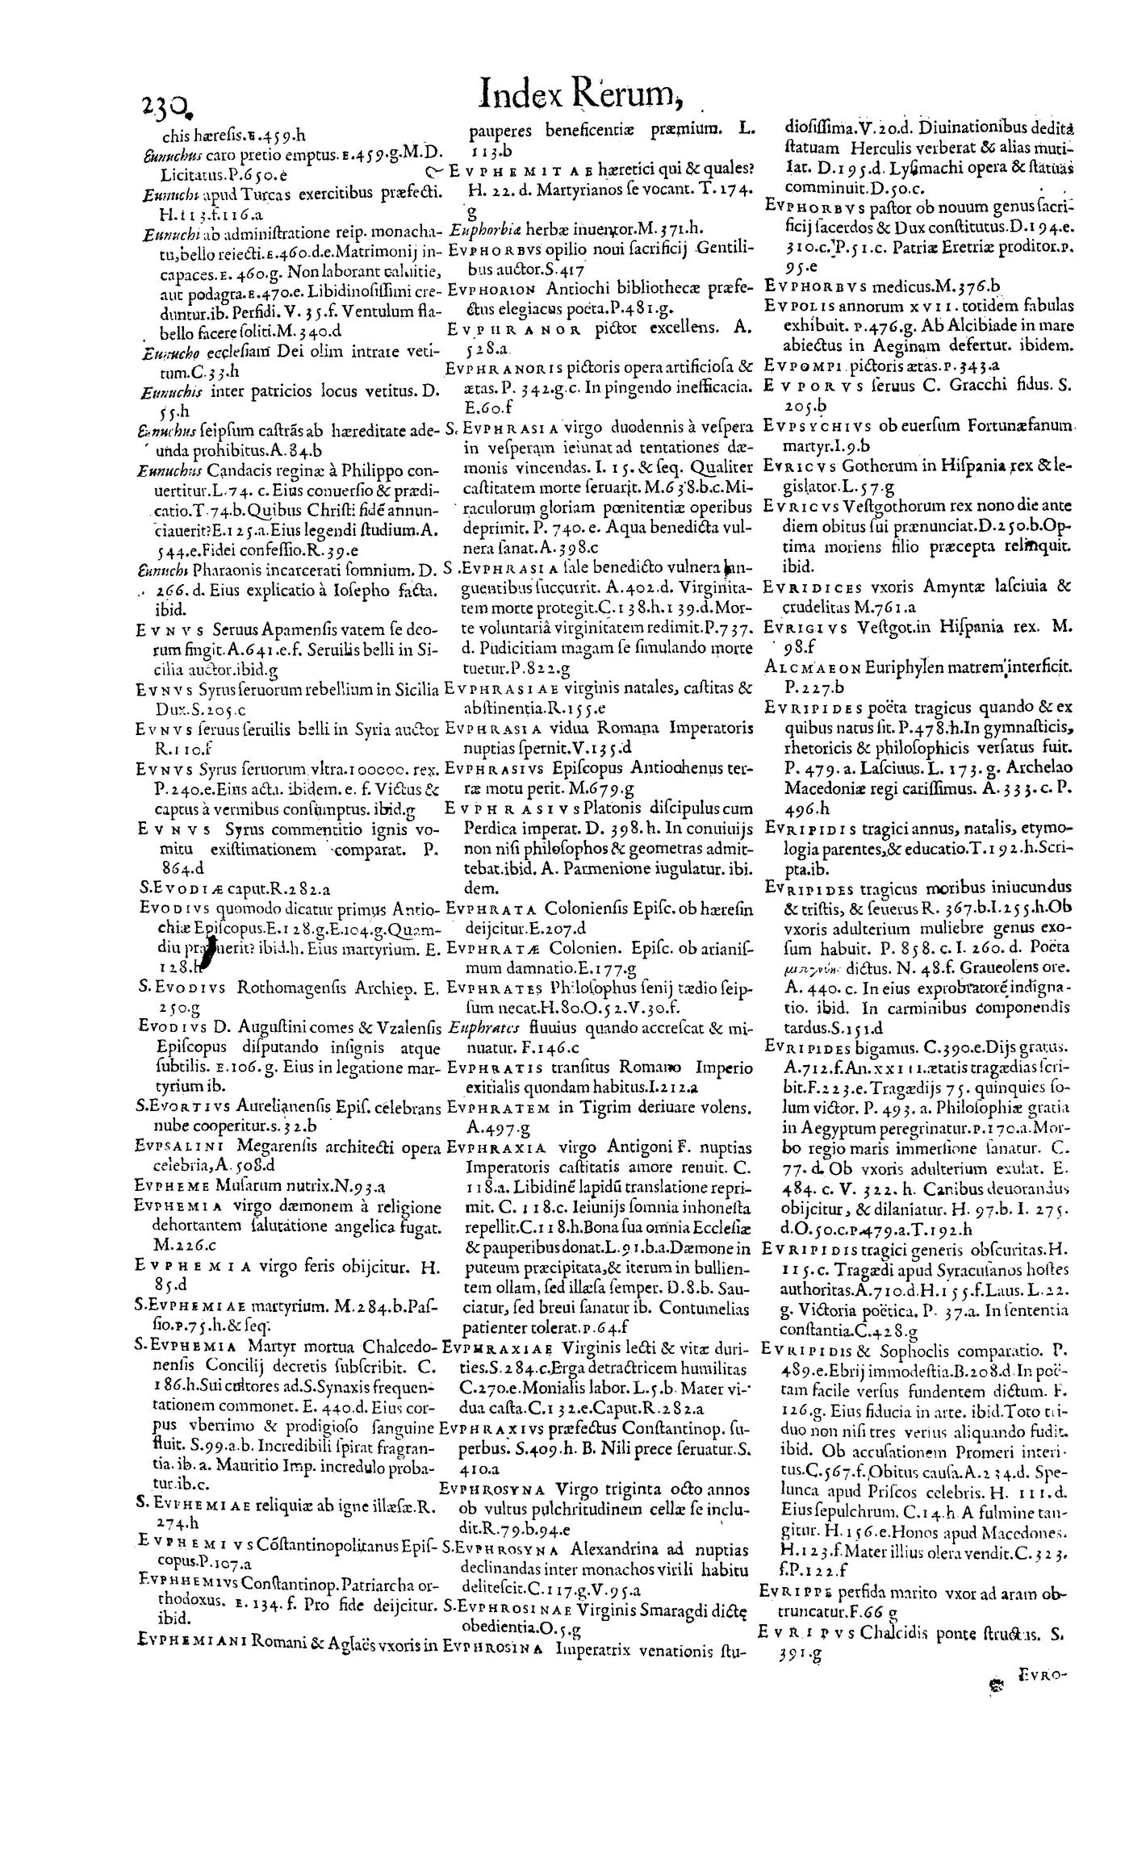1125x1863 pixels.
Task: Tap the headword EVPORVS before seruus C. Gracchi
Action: [x=805, y=386]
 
